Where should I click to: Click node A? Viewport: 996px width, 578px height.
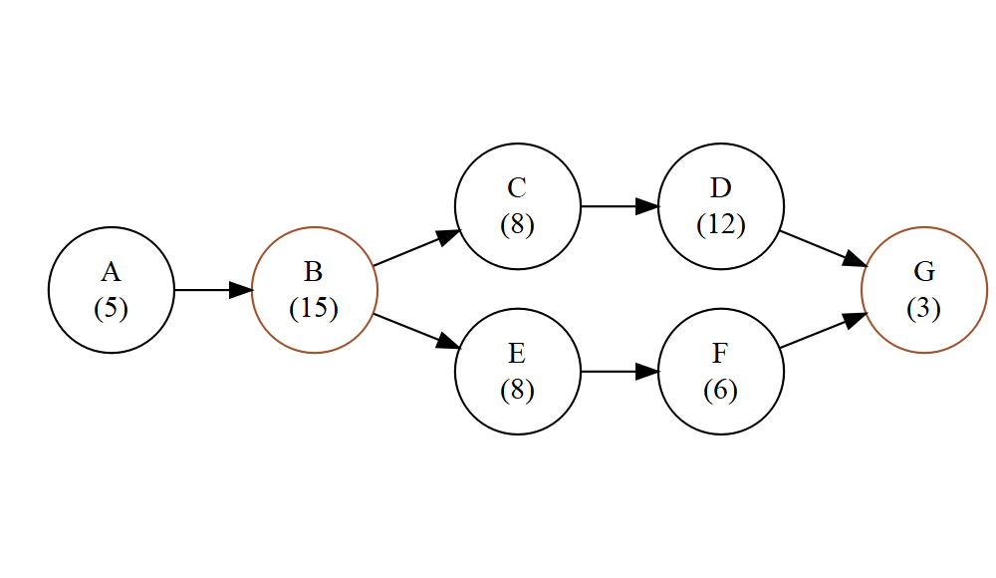[112, 290]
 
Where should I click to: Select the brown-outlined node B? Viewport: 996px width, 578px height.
[315, 290]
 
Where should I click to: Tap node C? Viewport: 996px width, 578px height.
[517, 206]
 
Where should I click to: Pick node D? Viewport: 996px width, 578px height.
[720, 206]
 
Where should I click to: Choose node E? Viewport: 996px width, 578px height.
[517, 372]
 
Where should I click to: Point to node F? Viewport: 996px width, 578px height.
[720, 372]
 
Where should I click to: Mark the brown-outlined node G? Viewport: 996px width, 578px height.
[923, 290]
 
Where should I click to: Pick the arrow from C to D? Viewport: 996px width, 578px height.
[619, 206]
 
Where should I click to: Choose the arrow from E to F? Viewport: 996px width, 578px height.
[619, 372]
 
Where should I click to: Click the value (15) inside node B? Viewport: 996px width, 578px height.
[314, 308]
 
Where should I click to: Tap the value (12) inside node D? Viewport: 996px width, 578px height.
[720, 224]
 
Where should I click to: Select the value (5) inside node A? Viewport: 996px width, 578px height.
[111, 308]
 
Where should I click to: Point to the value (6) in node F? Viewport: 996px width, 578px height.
[720, 390]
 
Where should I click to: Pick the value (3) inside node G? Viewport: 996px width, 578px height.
[923, 308]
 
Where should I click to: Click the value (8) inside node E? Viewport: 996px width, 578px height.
[517, 390]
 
